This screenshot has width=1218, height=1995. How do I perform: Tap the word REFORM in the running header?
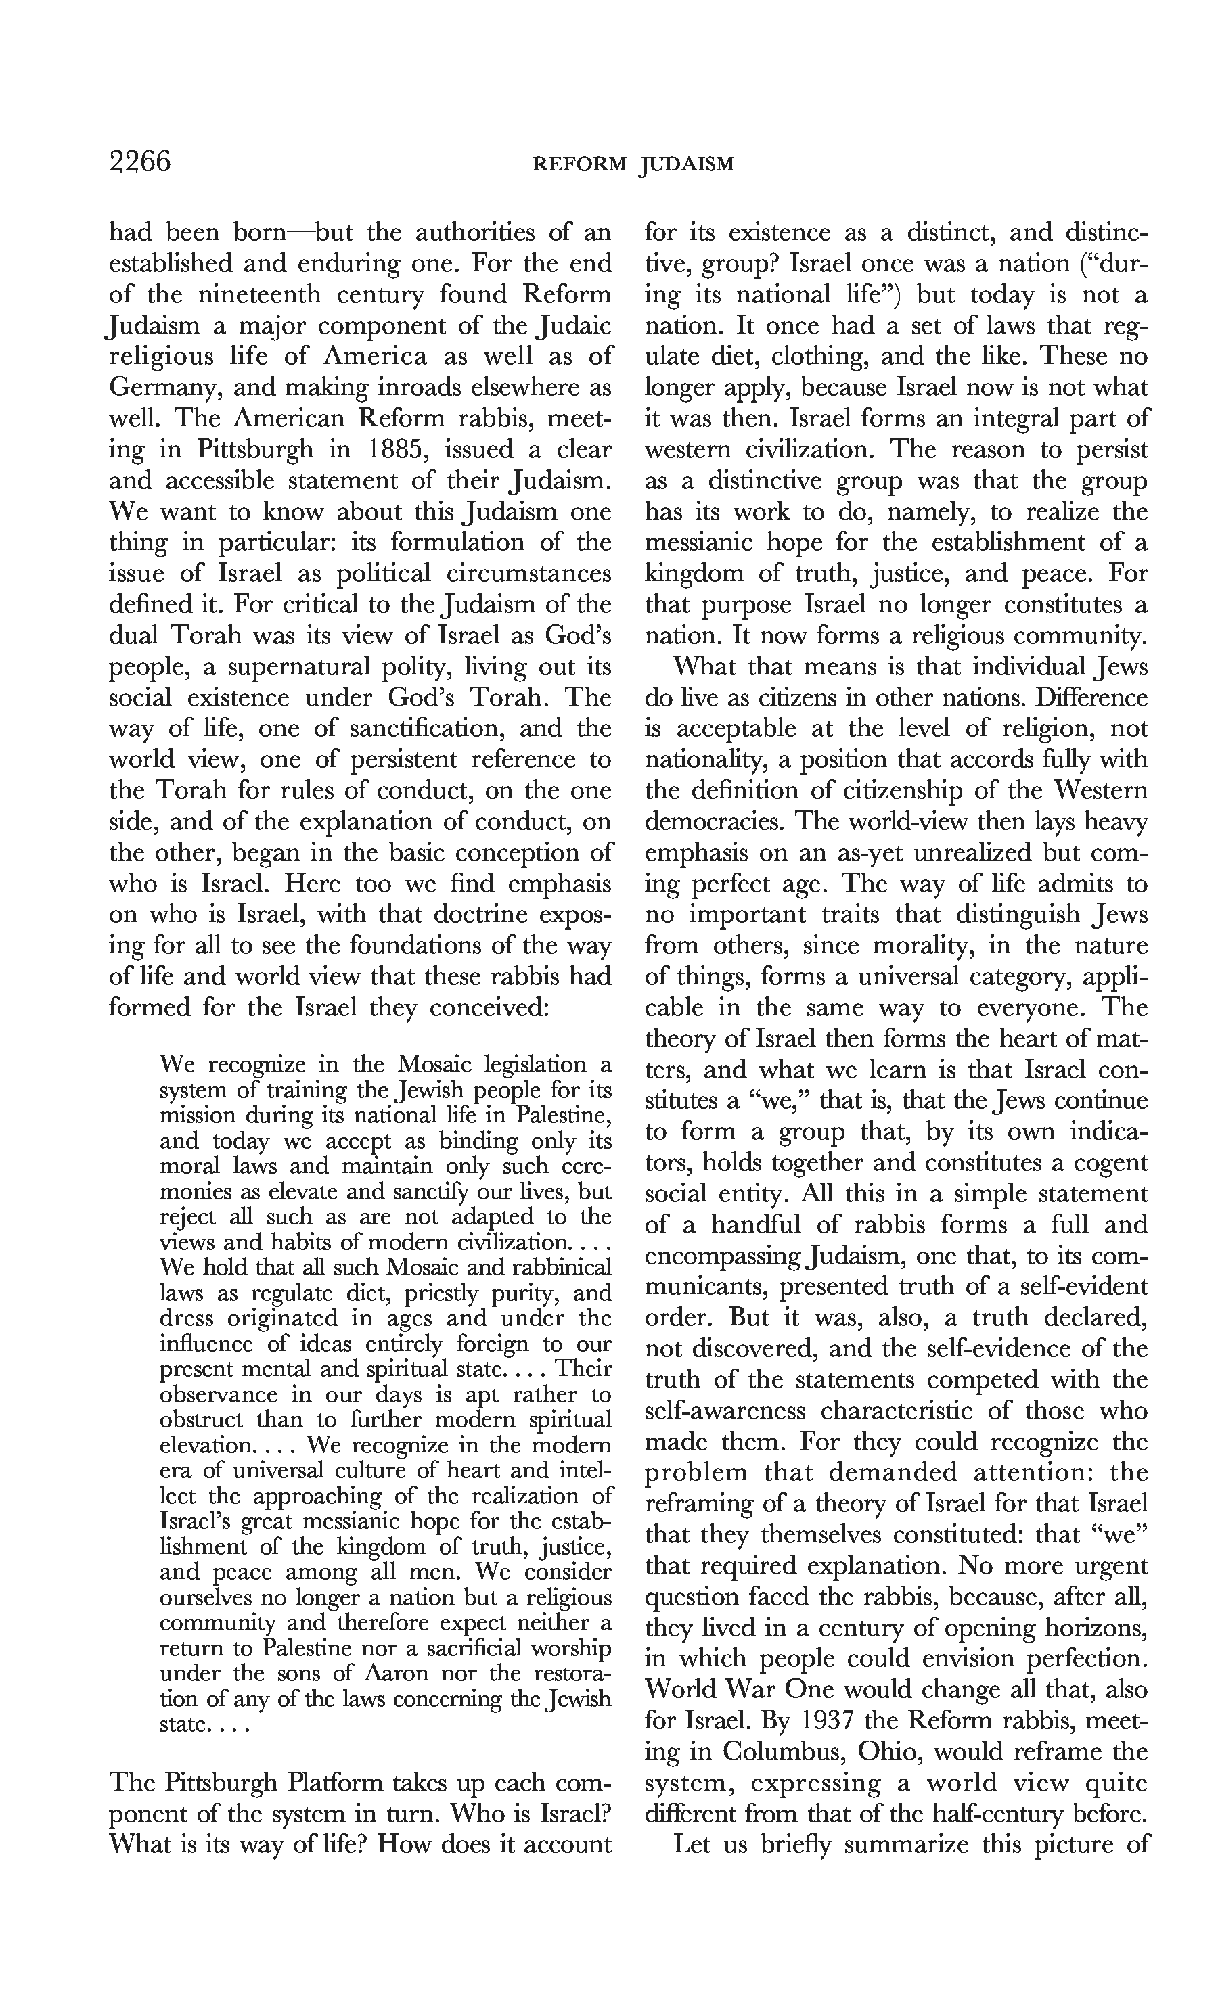point(579,164)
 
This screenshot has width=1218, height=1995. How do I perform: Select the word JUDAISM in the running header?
point(687,164)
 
